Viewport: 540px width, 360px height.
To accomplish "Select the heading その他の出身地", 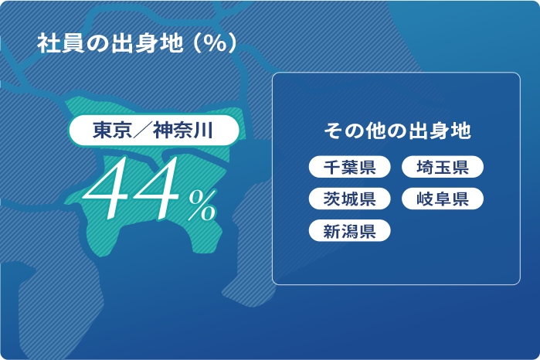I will coord(396,131).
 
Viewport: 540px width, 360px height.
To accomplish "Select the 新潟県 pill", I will coord(349,230).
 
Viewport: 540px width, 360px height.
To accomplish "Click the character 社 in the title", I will coord(47,43).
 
